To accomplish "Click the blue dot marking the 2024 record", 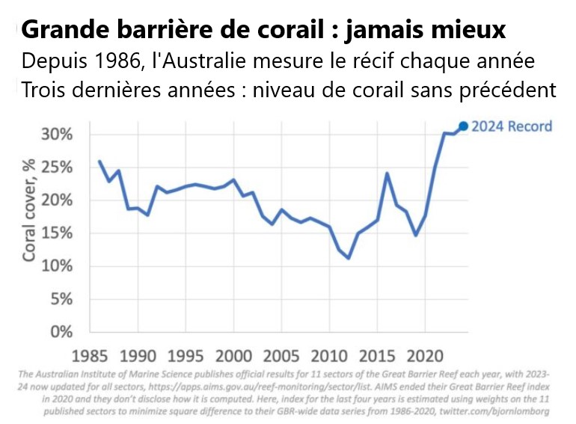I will [x=463, y=126].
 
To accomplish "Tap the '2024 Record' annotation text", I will [x=512, y=126].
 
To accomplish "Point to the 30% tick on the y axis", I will [x=57, y=135].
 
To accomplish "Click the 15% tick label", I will [x=57, y=233].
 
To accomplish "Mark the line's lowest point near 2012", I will [x=349, y=258].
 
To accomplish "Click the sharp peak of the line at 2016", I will [x=387, y=173].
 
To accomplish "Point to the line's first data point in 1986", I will [x=99, y=161].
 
